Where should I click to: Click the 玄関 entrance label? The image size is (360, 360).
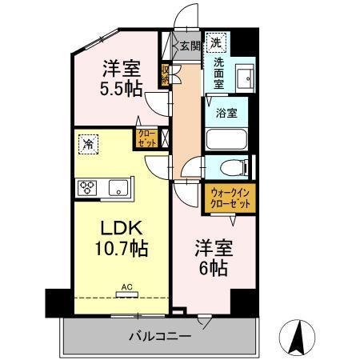coord(189,46)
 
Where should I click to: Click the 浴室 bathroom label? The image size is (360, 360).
coord(226,113)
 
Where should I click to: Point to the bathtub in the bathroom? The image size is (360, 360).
coord(227,138)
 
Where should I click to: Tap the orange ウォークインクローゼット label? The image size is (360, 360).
coord(230,198)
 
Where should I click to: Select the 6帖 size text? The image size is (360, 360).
coord(212,268)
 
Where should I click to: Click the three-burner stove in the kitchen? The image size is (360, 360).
coord(87,188)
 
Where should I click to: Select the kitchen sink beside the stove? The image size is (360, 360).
coord(116,189)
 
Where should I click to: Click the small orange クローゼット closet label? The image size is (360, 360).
coord(147,138)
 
